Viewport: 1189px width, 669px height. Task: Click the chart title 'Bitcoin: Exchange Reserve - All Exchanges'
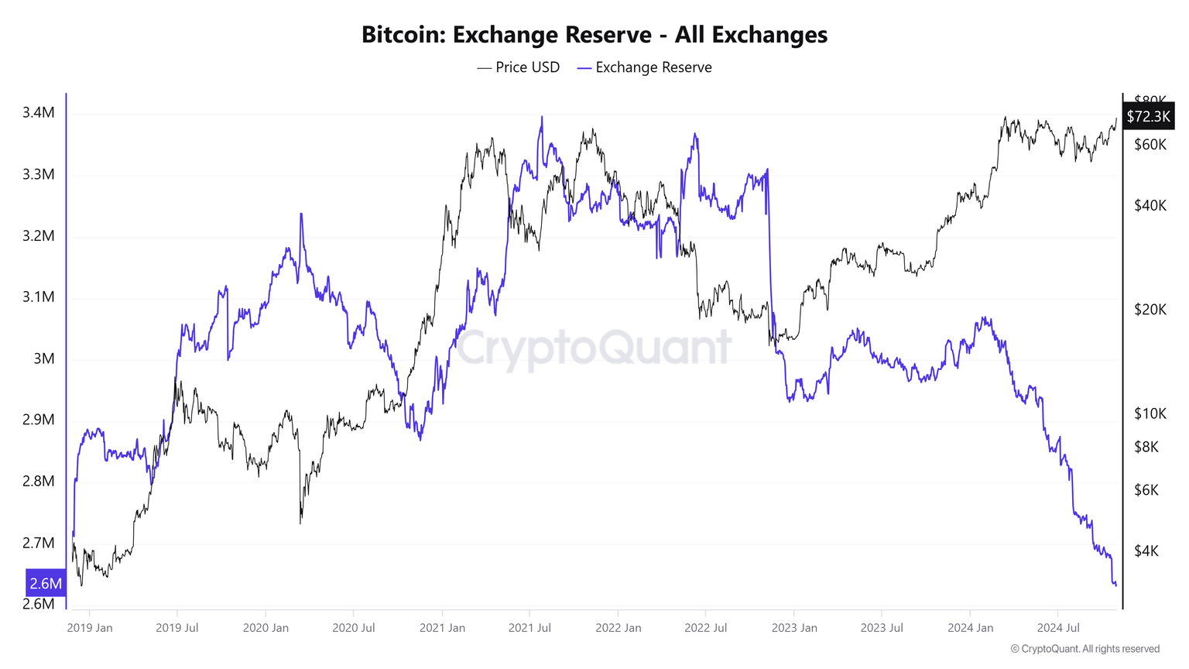pos(594,35)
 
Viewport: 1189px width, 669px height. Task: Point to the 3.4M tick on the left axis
pos(39,113)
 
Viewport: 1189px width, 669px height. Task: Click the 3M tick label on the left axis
pos(44,359)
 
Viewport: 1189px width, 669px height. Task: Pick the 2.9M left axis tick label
pos(39,420)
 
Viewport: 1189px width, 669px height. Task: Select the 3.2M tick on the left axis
pos(39,235)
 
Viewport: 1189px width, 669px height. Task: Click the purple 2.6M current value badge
pos(46,583)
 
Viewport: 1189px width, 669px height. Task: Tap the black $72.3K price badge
pos(1149,117)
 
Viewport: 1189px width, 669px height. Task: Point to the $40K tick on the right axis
pos(1150,205)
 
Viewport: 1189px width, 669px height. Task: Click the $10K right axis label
pos(1150,413)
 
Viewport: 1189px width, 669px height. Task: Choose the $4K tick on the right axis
pos(1146,551)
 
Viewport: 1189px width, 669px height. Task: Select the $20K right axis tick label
pos(1150,310)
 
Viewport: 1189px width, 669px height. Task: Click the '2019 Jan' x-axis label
pos(90,628)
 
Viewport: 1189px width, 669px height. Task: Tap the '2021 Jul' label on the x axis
pos(529,628)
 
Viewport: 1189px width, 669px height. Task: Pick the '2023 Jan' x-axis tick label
pos(794,628)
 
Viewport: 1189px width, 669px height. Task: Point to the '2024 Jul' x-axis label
pos(1058,628)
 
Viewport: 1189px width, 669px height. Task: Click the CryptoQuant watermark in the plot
pos(594,348)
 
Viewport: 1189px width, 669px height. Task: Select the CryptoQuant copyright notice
pos(1084,649)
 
